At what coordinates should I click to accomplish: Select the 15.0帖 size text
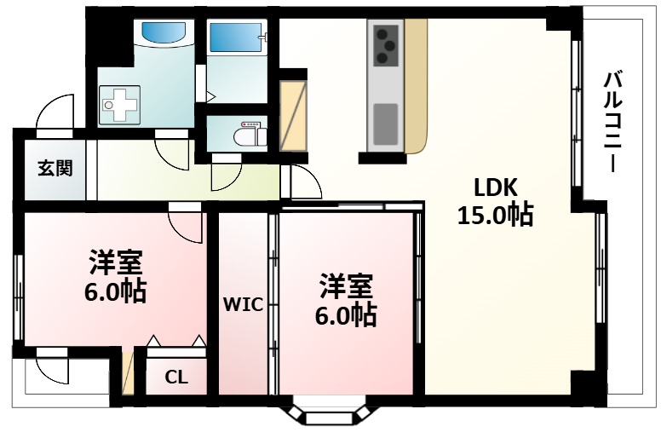coord(495,216)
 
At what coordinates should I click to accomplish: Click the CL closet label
coord(176,376)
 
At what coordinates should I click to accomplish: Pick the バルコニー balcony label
coord(612,120)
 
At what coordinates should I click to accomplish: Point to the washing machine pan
coord(118,105)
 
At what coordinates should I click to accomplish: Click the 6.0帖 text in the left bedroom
coord(115,292)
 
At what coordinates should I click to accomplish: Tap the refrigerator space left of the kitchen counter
coord(293,115)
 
